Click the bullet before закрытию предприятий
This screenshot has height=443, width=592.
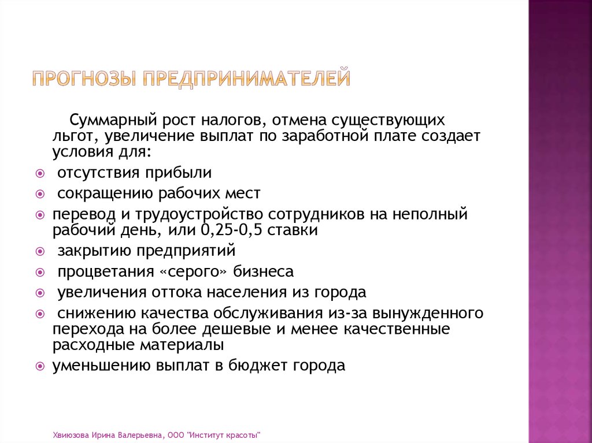click(39, 252)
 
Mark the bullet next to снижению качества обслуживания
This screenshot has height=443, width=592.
click(39, 314)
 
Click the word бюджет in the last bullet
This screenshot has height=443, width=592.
click(258, 365)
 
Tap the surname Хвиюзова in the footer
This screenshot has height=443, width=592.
click(69, 434)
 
